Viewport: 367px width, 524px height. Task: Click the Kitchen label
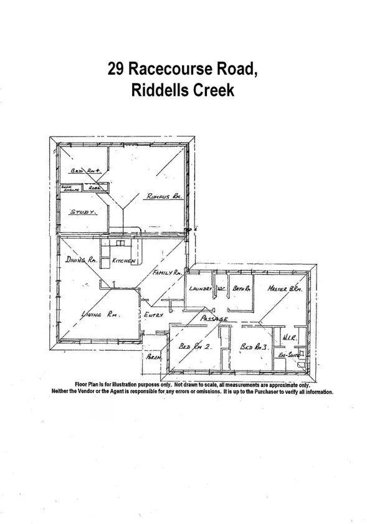[x=123, y=262]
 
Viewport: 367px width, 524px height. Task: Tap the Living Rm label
[x=100, y=315]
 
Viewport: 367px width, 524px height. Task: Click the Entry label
[x=153, y=315]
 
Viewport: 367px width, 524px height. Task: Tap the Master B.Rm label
[x=285, y=289]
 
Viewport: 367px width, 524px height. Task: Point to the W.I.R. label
[x=288, y=338]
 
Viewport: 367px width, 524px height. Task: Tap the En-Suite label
[x=287, y=354]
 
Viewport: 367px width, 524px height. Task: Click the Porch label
[x=153, y=359]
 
